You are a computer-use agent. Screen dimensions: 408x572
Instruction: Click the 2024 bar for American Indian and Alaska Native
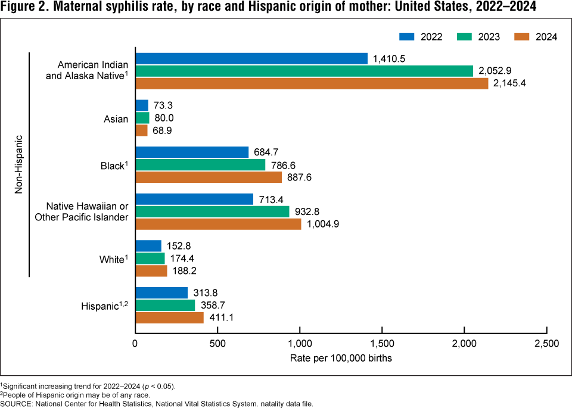click(x=312, y=83)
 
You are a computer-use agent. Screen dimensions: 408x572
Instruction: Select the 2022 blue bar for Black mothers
click(x=192, y=152)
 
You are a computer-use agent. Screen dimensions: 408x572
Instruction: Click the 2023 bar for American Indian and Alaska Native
click(x=304, y=71)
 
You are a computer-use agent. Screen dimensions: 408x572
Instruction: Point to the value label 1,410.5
click(x=390, y=58)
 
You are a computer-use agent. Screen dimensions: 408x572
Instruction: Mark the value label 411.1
click(x=221, y=318)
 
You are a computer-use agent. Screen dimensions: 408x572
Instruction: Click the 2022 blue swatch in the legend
click(x=406, y=37)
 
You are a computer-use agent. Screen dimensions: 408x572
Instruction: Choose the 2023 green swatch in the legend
click(x=465, y=37)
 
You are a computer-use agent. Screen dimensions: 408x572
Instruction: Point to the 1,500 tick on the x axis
click(x=382, y=344)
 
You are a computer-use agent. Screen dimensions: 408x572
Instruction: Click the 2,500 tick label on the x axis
click(x=546, y=344)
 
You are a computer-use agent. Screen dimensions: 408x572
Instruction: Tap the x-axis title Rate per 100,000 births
click(x=341, y=359)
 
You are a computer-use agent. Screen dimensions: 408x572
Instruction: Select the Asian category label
click(x=116, y=119)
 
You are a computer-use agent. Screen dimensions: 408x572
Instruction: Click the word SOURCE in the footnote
click(x=20, y=403)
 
